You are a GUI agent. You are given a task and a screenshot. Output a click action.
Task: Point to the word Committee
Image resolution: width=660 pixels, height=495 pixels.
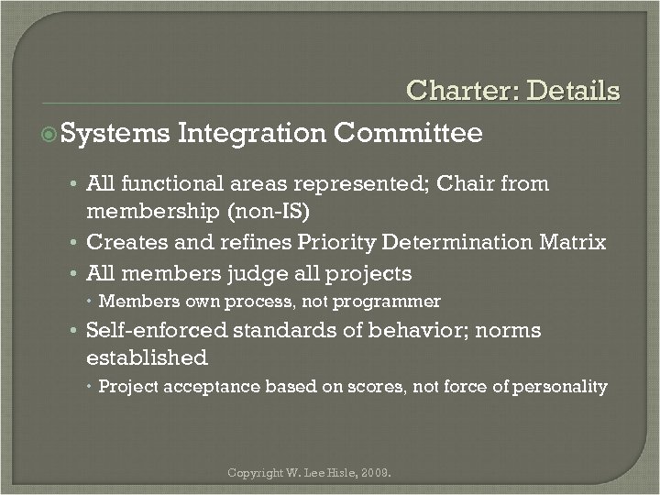pos(408,134)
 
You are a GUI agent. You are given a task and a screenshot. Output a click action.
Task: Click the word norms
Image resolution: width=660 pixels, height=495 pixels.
pos(508,330)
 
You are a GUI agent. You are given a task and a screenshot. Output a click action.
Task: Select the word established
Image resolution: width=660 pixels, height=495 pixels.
pos(147,357)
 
